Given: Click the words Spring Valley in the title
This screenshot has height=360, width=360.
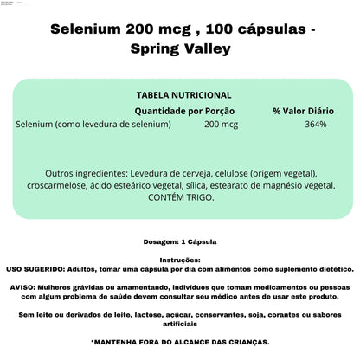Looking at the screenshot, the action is pos(180,48).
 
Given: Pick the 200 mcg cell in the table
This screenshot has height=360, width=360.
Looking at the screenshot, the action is pos(222,124).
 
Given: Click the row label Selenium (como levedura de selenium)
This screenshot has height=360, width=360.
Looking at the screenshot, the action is pos(93,124).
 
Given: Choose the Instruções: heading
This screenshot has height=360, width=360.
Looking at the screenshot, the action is pos(180,260).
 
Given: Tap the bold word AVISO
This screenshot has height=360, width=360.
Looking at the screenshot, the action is pos(21,287).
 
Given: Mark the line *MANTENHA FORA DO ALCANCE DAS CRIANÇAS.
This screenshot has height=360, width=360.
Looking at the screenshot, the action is pos(180,342).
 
